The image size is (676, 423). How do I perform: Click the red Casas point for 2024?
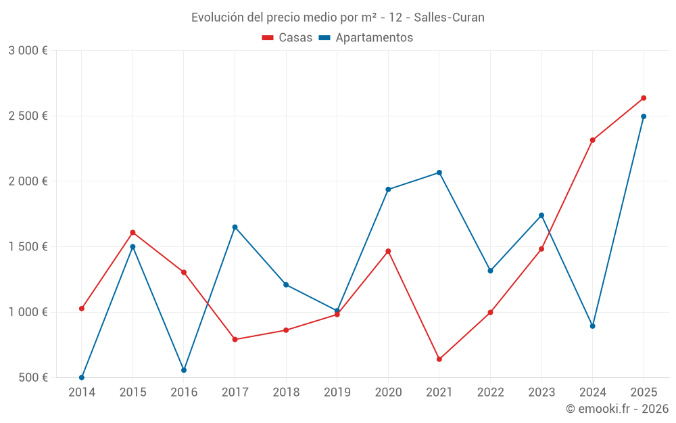[x=592, y=140]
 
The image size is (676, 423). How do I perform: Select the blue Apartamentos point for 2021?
[x=439, y=173]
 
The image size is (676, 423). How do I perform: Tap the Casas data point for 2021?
[x=439, y=359]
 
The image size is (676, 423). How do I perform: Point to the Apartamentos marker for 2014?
[x=82, y=378]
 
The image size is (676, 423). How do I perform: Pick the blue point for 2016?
[x=184, y=370]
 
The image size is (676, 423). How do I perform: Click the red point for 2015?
[x=132, y=232]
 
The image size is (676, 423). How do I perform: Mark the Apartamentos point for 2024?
[x=592, y=326]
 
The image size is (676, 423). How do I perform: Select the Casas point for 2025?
[x=644, y=98]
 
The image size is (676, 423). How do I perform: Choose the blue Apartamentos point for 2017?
[x=235, y=227]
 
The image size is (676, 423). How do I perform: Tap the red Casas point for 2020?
[x=388, y=251]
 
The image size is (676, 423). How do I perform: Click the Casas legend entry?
[x=287, y=38]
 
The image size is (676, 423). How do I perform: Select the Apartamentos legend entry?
[x=366, y=38]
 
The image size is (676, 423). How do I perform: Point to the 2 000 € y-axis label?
[x=28, y=181]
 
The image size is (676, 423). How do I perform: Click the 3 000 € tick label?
[x=28, y=51]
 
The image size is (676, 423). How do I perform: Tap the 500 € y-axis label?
[x=32, y=378]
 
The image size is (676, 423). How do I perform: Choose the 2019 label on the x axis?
[x=337, y=393]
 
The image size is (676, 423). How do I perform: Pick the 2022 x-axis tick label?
[x=490, y=393]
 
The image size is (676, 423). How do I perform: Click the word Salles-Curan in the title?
[x=450, y=18]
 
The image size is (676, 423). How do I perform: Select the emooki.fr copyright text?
[x=617, y=409]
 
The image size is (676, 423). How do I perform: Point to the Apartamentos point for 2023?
[x=541, y=215]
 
